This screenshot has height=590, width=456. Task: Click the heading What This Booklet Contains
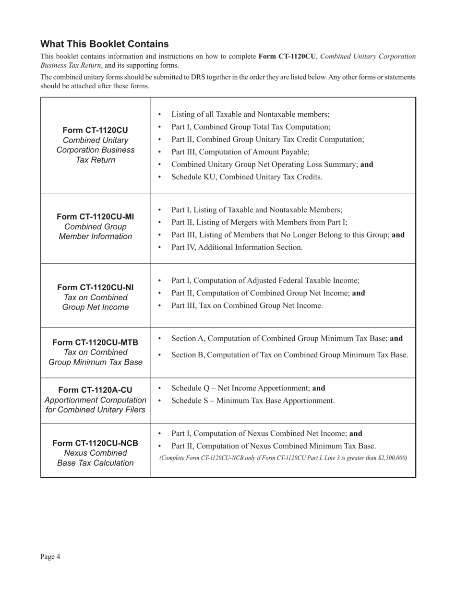[104, 44]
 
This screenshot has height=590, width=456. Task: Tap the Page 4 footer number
[50, 556]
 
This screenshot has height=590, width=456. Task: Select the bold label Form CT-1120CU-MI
[95, 216]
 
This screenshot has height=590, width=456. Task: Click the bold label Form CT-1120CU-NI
[95, 287]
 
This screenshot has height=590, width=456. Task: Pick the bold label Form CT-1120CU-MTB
[95, 342]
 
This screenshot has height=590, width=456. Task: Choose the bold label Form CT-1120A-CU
[95, 389]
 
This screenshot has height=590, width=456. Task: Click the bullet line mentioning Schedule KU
[247, 177]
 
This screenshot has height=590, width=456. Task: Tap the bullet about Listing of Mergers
[259, 222]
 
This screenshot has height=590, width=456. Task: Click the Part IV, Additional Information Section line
[237, 247]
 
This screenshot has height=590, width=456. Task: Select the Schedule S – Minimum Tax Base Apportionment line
[252, 401]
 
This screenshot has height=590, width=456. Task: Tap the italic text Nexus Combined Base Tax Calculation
[95, 458]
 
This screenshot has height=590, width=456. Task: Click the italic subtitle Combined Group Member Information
[95, 232]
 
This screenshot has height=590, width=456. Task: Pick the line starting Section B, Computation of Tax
[289, 355]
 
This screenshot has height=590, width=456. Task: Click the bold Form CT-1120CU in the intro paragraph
[287, 56]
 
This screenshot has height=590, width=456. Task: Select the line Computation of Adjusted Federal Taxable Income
[265, 281]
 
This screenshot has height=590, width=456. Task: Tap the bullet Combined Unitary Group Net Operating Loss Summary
[272, 164]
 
